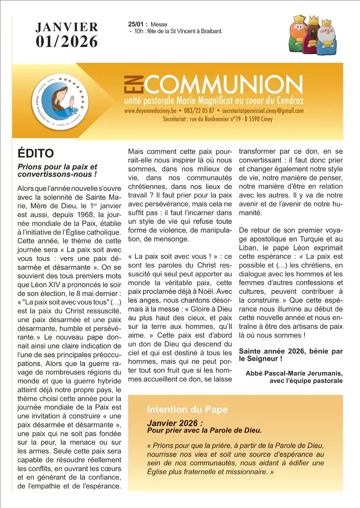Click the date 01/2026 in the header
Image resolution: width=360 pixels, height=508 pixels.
[x=67, y=42]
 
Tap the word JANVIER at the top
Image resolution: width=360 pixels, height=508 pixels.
[x=67, y=27]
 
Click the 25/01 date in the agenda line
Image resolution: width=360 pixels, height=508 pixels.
[x=136, y=24]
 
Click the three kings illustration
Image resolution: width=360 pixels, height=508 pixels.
[x=313, y=35]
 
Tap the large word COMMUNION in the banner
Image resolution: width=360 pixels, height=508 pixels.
[x=224, y=84]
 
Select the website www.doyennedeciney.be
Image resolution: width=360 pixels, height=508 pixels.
[x=150, y=111]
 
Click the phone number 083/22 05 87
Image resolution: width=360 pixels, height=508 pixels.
[x=199, y=111]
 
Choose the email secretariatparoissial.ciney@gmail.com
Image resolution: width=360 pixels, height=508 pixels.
[x=263, y=111]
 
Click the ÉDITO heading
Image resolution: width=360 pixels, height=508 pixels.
[x=36, y=153]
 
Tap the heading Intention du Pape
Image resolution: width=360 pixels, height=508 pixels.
[x=187, y=409]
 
